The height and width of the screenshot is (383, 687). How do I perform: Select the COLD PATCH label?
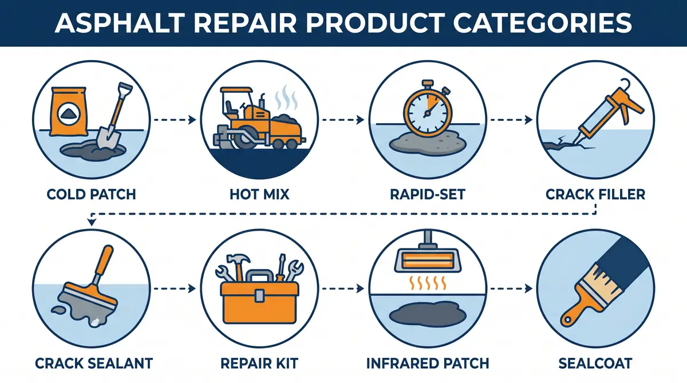(92, 194)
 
